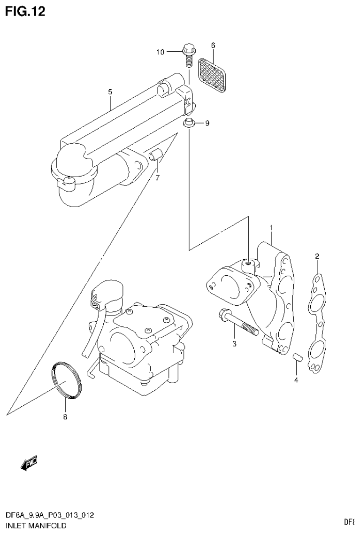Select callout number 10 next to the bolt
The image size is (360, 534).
[x=161, y=52]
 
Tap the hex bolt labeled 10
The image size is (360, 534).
[x=188, y=55]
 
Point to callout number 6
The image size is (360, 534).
[x=213, y=46]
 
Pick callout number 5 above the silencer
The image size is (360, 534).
[x=110, y=92]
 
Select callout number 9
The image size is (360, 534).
[x=207, y=124]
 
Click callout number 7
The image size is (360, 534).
[x=158, y=177]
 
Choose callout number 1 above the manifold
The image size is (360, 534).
[x=271, y=228]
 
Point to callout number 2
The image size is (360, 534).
[x=317, y=256]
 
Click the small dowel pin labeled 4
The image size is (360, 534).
[x=296, y=359]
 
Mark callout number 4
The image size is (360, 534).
[x=296, y=380]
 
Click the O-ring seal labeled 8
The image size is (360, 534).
[x=66, y=381]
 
